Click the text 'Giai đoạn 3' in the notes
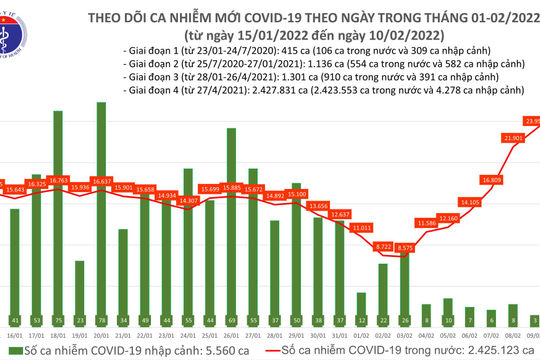(145, 81)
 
